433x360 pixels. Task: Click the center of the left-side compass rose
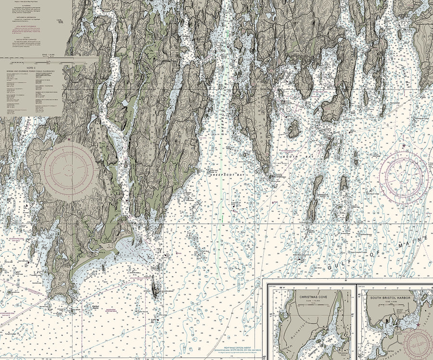click(67, 169)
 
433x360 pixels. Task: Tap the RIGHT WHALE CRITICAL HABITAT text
click(232, 348)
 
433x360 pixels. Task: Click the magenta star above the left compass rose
click(68, 140)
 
